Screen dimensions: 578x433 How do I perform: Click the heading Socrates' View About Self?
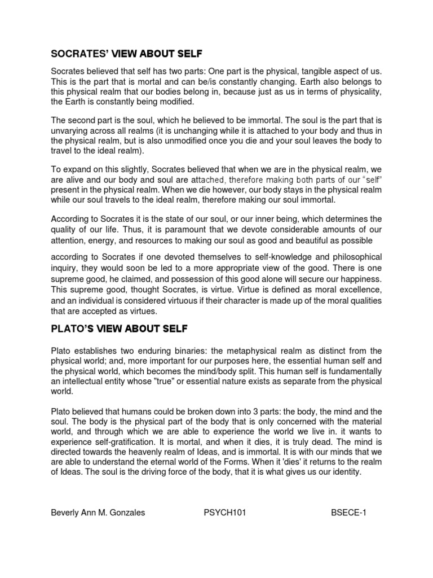pos(126,54)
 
